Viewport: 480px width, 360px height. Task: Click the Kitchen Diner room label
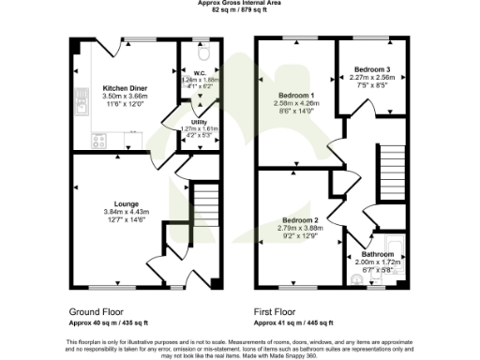click(121, 89)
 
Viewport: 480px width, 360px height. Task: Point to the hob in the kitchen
click(98, 142)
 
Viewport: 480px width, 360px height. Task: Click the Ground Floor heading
click(97, 310)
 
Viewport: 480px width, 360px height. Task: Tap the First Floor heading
click(276, 310)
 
